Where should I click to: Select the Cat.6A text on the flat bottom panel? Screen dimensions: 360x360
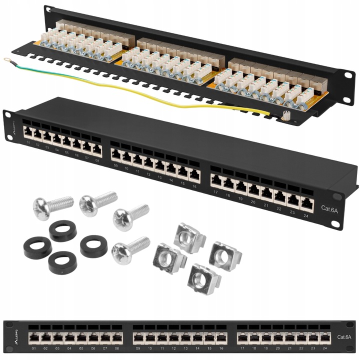click(x=344, y=336)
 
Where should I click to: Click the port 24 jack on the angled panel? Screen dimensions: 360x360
click(x=306, y=202)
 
